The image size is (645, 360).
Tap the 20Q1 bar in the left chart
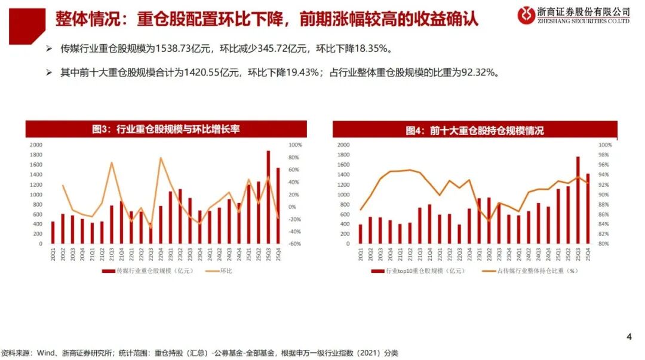53,232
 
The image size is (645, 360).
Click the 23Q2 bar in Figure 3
180,216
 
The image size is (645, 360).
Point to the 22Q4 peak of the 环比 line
161,158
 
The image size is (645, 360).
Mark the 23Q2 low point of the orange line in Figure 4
489,221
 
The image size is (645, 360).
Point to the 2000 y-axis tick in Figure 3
36,145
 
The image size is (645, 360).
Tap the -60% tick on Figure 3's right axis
296,244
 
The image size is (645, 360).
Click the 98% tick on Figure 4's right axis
603,155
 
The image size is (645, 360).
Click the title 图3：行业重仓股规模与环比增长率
165,129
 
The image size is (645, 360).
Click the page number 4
628,337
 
